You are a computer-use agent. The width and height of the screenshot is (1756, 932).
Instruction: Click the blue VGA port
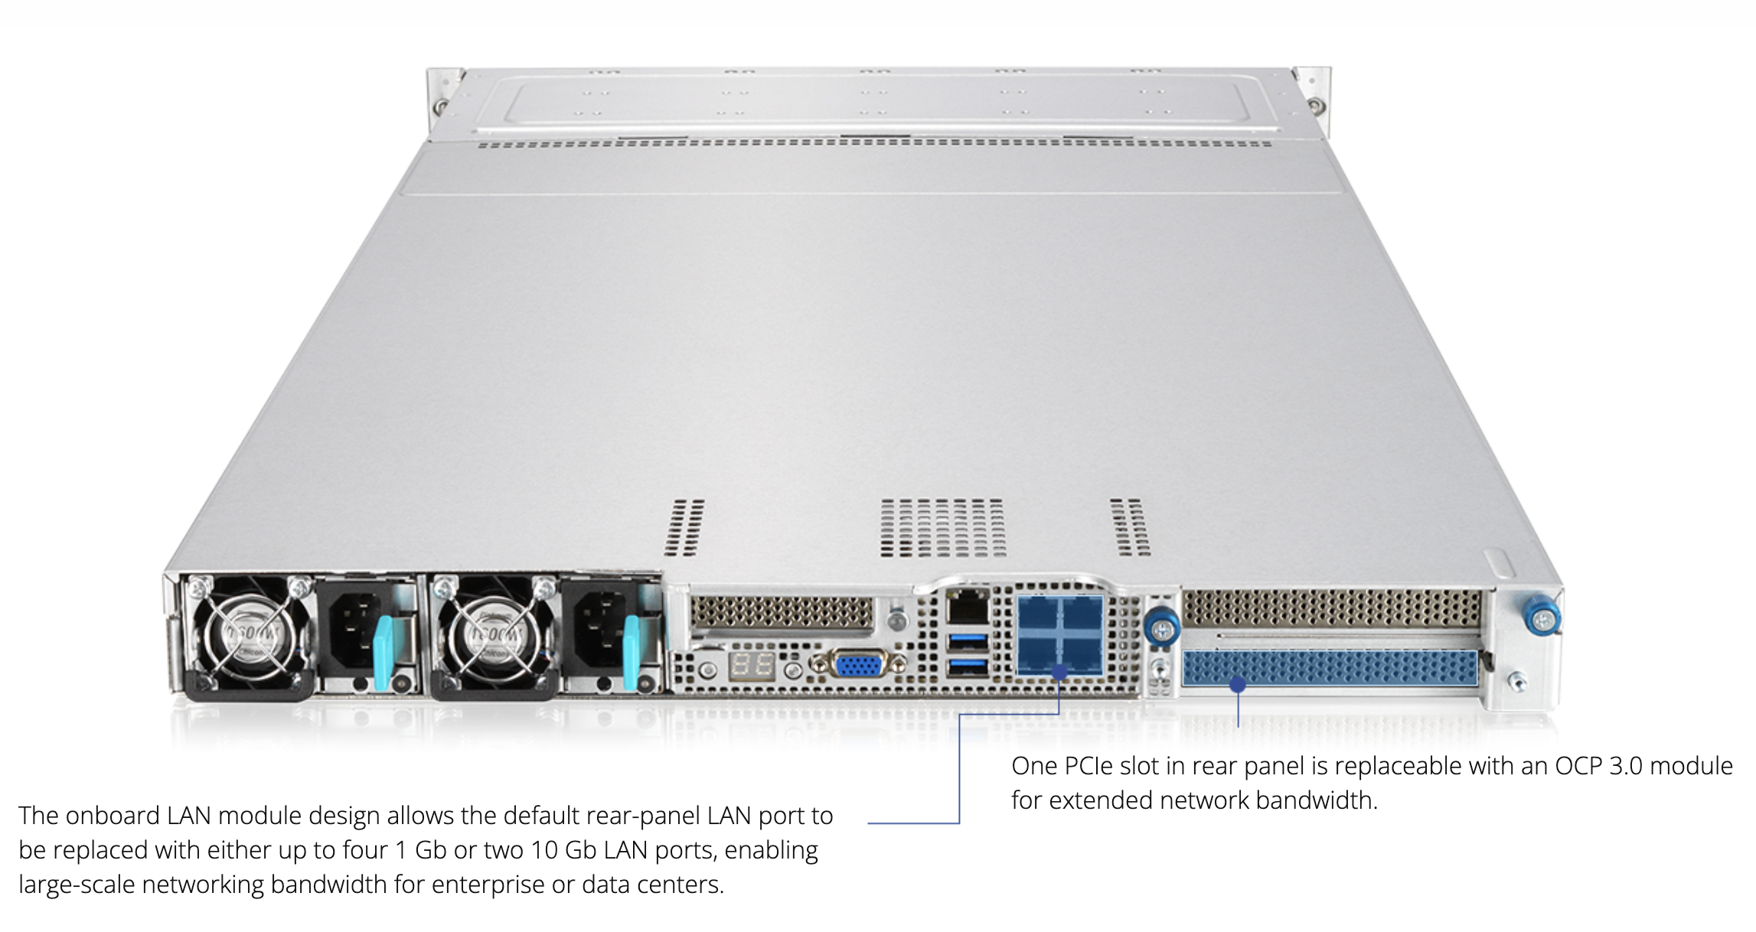click(x=857, y=664)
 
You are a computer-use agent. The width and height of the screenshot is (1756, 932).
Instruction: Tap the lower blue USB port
click(x=968, y=668)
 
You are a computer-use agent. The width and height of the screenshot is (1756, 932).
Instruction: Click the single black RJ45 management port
click(x=968, y=609)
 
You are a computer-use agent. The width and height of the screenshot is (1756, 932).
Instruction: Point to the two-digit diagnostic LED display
click(x=752, y=665)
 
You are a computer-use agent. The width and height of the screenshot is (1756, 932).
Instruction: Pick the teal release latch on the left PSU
click(x=383, y=652)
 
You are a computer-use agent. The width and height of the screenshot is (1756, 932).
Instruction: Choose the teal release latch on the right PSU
click(x=631, y=652)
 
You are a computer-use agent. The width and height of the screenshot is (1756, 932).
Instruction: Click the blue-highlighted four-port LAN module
click(x=1060, y=634)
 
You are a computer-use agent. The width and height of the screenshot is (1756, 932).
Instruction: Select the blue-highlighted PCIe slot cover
click(x=1330, y=668)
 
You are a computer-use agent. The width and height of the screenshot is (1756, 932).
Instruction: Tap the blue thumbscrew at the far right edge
click(x=1542, y=617)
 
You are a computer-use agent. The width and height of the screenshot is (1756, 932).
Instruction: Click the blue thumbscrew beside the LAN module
click(x=1161, y=627)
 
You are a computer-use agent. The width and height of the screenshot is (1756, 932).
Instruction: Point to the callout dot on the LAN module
click(x=1059, y=673)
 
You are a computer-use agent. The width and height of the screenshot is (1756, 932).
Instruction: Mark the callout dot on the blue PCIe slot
click(x=1237, y=684)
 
